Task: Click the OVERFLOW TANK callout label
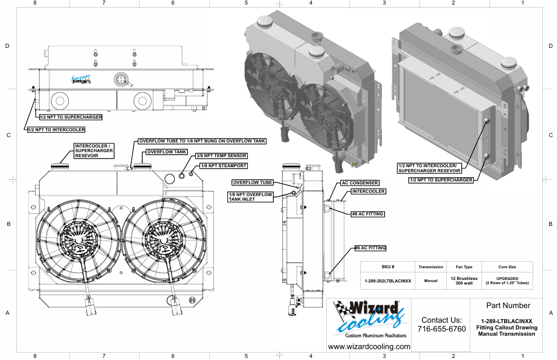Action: (167, 152)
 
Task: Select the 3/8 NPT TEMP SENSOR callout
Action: (221, 156)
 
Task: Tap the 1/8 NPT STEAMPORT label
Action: (224, 166)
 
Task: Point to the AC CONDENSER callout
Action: (360, 183)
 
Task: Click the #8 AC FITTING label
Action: (367, 214)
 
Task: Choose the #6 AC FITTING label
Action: (370, 248)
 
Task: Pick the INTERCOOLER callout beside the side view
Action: (368, 191)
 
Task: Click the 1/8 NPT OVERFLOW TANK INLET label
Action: (250, 197)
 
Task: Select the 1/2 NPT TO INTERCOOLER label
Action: (56, 129)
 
